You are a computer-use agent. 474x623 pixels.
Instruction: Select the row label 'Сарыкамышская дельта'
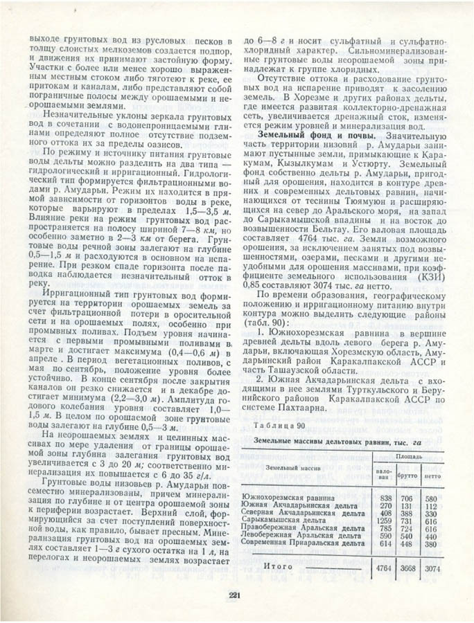tap(284, 521)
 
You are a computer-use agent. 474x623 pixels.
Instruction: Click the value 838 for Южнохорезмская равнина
tap(385, 498)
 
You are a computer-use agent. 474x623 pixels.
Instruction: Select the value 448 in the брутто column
tap(407, 544)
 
